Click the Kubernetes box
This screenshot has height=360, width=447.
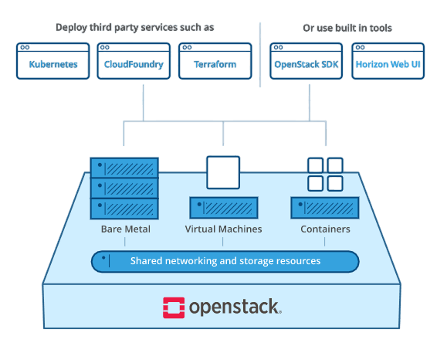pyautogui.click(x=53, y=61)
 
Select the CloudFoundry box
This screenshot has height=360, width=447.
pyautogui.click(x=134, y=61)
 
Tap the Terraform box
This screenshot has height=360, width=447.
pyautogui.click(x=215, y=61)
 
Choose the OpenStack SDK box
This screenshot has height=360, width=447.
pyautogui.click(x=306, y=61)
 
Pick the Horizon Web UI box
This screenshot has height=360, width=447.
pyautogui.click(x=388, y=61)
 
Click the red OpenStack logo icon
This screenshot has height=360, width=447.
pyautogui.click(x=174, y=307)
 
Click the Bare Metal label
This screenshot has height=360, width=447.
pyautogui.click(x=125, y=229)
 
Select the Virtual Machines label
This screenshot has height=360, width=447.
pyautogui.click(x=223, y=229)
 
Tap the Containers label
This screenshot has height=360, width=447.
pyautogui.click(x=325, y=229)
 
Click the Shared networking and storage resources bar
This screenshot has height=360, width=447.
pyautogui.click(x=225, y=262)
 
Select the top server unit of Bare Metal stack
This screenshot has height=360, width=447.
pyautogui.click(x=124, y=168)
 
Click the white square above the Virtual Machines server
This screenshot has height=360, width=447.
pyautogui.click(x=223, y=172)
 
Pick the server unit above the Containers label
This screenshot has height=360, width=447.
pyautogui.click(x=325, y=208)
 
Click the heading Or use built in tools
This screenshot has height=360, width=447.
pyautogui.click(x=347, y=28)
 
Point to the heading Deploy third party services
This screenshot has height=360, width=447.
pyautogui.click(x=134, y=27)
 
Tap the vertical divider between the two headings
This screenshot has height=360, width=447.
pyautogui.click(x=260, y=55)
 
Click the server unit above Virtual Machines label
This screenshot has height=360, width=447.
pyautogui.click(x=224, y=208)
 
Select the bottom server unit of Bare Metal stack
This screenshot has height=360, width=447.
pyautogui.click(x=124, y=209)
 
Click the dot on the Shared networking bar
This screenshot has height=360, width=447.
pyautogui.click(x=103, y=258)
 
